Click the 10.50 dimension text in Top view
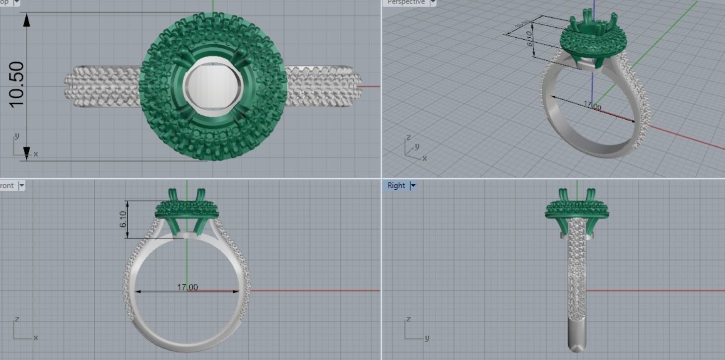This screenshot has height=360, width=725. point(16,84)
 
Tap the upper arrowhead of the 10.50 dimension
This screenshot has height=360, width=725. point(27,20)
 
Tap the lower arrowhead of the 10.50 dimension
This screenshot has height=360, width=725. point(27,153)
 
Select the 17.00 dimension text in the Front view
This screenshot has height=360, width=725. point(187,288)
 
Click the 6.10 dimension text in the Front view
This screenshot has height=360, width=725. point(123,219)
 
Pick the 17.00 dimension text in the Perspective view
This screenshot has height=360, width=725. point(592,106)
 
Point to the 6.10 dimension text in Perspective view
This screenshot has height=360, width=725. point(529,38)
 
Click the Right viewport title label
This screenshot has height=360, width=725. point(396,186)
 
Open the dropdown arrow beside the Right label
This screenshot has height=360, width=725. point(412,186)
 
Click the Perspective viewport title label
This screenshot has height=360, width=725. point(406,2)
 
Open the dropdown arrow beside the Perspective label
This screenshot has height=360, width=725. point(432,2)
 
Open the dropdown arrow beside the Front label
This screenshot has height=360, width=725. point(21,186)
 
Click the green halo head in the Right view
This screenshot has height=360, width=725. point(577,210)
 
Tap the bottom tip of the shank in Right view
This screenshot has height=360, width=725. point(577,349)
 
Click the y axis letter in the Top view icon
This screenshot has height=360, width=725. point(17,136)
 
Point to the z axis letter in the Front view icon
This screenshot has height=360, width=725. point(17,319)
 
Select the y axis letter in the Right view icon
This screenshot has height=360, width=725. point(427,338)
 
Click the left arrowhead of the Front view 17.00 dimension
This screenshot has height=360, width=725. point(137,291)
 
